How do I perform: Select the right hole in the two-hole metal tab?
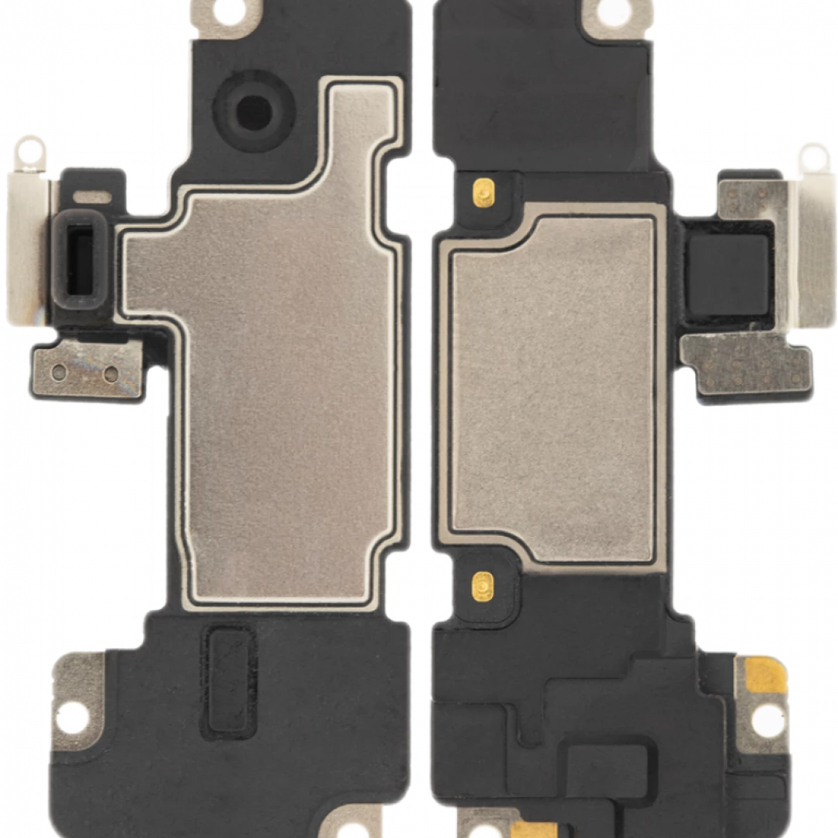[111, 374]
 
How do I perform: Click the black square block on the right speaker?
[729, 272]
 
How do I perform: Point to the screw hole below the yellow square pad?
[767, 719]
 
